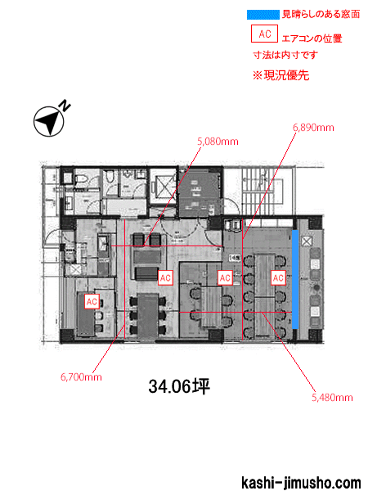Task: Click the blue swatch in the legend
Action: [263, 15]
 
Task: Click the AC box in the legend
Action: [264, 34]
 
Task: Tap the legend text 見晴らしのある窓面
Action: [321, 15]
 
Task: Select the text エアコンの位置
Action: [312, 38]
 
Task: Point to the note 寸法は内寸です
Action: [285, 55]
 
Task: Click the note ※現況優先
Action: [281, 75]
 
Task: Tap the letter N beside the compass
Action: [65, 106]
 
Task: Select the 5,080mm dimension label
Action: [218, 142]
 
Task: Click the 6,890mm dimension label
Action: [313, 128]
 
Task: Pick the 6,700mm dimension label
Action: [81, 376]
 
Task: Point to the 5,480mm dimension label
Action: [332, 398]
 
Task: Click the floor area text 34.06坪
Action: [179, 386]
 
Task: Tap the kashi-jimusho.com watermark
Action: [301, 483]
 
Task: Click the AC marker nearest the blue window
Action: [278, 277]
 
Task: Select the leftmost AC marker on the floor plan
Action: [92, 301]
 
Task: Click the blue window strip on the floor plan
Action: [295, 279]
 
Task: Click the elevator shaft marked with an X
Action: [164, 187]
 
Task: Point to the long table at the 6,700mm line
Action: [147, 317]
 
